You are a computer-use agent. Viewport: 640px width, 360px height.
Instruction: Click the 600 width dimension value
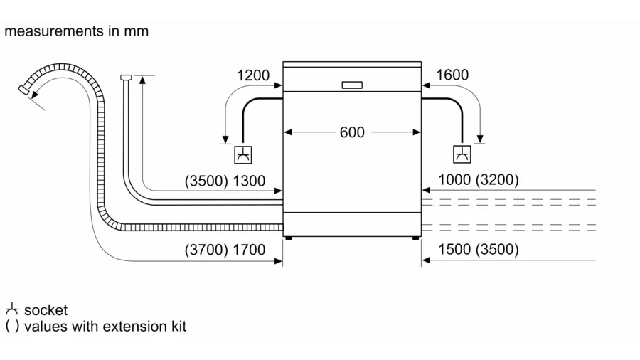[x=352, y=132]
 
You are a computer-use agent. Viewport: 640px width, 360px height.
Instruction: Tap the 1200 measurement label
[x=253, y=75]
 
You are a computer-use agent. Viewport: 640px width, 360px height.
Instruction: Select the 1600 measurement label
[x=452, y=75]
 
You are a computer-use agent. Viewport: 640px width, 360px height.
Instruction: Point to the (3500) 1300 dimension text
[x=225, y=181]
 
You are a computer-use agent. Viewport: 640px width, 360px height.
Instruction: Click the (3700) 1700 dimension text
[x=225, y=250]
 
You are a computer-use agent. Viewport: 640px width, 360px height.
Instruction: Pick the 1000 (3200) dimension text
[x=478, y=180]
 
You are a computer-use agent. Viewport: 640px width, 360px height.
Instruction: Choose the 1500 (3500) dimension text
[x=478, y=250]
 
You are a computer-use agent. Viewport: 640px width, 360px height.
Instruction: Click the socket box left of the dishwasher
[x=242, y=154]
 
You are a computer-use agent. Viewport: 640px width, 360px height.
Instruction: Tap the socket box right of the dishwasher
[x=462, y=154]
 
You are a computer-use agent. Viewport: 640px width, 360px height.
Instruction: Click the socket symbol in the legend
[x=11, y=309]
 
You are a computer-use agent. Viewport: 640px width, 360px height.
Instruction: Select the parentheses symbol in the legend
[x=12, y=327]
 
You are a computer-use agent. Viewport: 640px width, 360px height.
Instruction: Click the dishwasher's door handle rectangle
[x=352, y=85]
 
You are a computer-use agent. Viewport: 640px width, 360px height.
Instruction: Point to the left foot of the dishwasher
[x=289, y=239]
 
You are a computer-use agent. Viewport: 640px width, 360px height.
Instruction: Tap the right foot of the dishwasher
[x=415, y=239]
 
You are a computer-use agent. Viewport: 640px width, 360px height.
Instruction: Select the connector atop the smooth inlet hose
[x=126, y=77]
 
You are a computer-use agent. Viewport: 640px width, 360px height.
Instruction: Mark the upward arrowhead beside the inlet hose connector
[x=143, y=80]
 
